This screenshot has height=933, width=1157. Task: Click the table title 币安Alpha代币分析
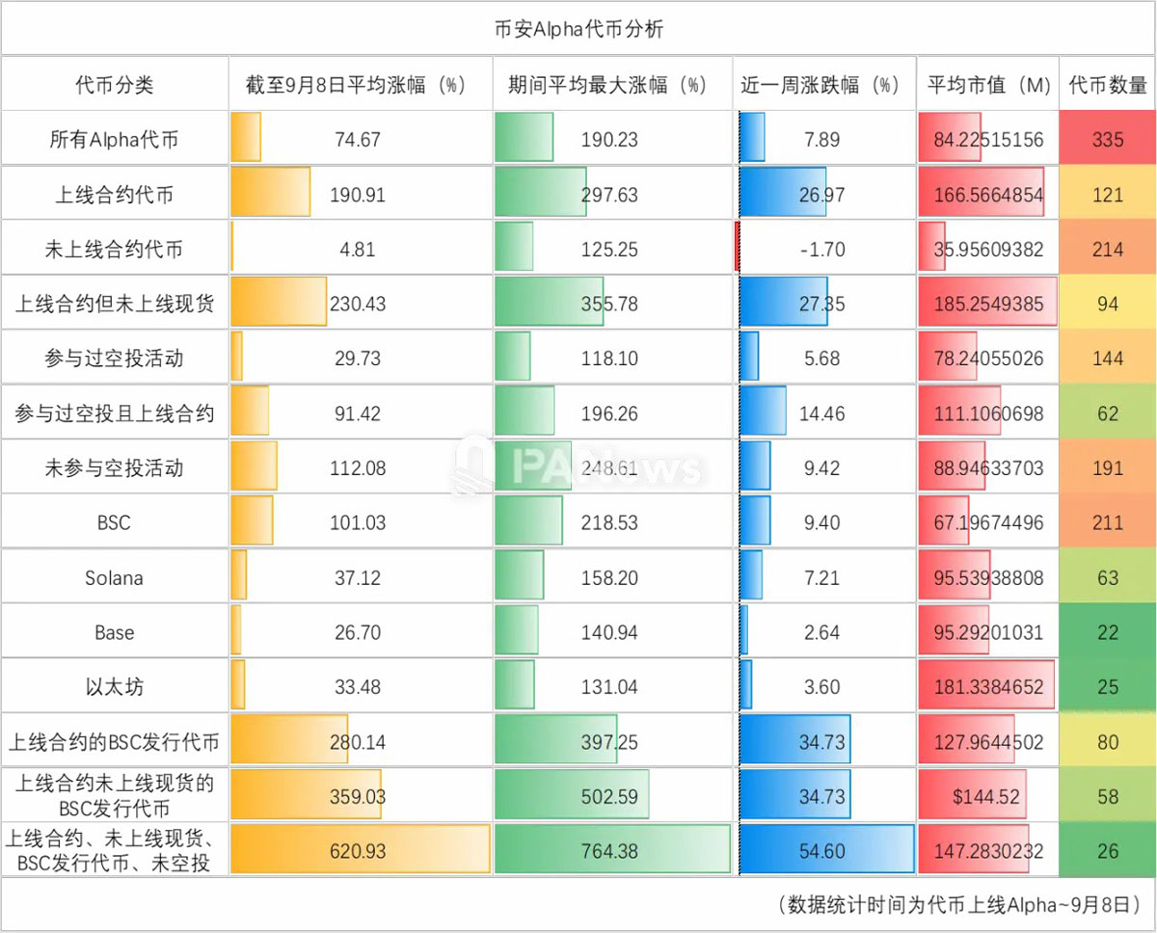(578, 29)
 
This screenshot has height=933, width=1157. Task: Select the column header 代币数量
(1108, 85)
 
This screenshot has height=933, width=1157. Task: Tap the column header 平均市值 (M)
(988, 85)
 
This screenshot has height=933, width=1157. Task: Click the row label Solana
(114, 578)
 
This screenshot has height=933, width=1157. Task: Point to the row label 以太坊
(114, 687)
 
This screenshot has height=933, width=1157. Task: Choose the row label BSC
(114, 523)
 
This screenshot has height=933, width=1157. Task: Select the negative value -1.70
(822, 250)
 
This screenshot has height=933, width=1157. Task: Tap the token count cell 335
(1108, 140)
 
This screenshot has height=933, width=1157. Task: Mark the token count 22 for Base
(1108, 633)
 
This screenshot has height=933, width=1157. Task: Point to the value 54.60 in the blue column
(822, 852)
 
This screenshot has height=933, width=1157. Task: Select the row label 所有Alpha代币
(114, 140)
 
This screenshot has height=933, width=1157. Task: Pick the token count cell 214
(1108, 250)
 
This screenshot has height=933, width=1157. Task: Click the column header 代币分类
(114, 85)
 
